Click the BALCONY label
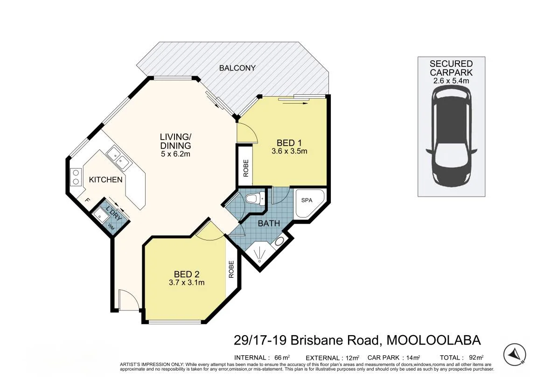(x=237, y=68)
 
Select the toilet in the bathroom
(x=255, y=199)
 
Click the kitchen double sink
(x=118, y=158)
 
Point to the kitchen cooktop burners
(x=76, y=177)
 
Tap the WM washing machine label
(x=111, y=226)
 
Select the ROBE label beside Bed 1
(x=245, y=168)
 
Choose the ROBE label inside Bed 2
(x=231, y=269)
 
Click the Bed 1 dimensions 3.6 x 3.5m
(x=289, y=151)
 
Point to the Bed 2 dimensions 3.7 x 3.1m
(x=187, y=282)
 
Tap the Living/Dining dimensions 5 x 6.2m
(x=175, y=154)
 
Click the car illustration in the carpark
(x=451, y=136)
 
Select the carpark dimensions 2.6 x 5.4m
(x=451, y=81)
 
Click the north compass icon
(x=515, y=353)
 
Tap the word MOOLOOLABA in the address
(x=433, y=340)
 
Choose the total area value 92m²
(x=476, y=358)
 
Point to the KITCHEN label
(x=105, y=180)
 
